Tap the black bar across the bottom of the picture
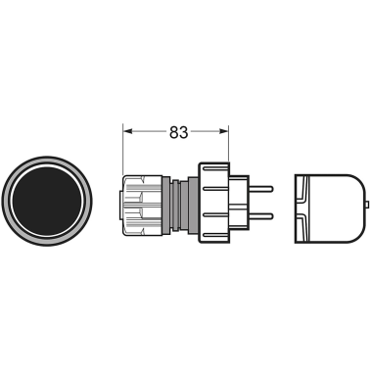pyautogui.click(x=185, y=307)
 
